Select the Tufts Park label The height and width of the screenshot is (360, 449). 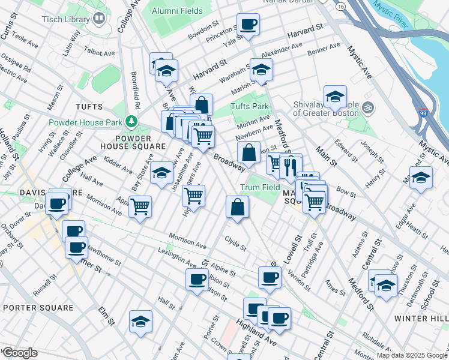click(250, 107)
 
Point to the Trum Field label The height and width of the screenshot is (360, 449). click(261, 187)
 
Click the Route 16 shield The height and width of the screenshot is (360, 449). click(340, 6)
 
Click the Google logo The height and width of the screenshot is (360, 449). click(19, 353)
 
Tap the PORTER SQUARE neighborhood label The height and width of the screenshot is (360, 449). click(38, 308)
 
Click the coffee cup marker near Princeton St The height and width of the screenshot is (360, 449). click(248, 25)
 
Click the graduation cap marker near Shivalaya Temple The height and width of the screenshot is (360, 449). click(335, 97)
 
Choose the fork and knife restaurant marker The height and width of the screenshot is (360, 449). click(291, 167)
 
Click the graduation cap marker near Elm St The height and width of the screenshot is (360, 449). click(140, 322)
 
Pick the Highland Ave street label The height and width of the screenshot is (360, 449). click(256, 332)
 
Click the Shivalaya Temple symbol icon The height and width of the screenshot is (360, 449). click(369, 109)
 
